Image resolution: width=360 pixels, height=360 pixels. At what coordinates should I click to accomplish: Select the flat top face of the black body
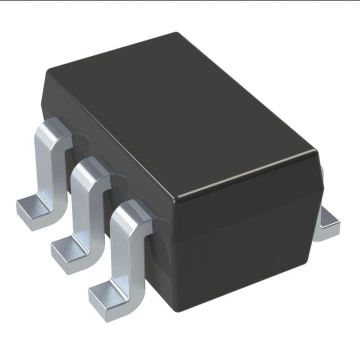tap(180, 112)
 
